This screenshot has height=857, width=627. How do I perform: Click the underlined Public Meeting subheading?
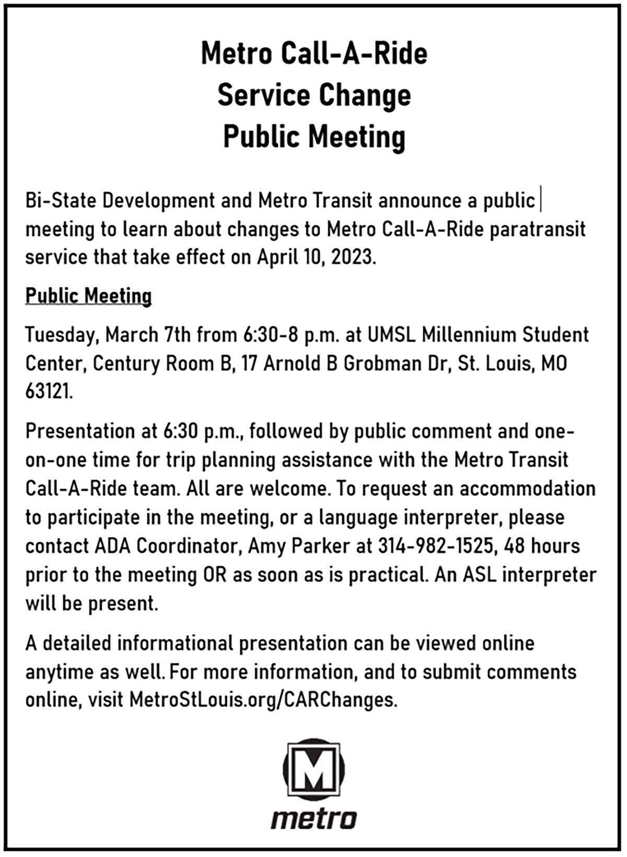[89, 296]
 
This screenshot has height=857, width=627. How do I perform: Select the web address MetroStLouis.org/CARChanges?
[263, 699]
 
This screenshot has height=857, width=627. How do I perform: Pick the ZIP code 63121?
[49, 391]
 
